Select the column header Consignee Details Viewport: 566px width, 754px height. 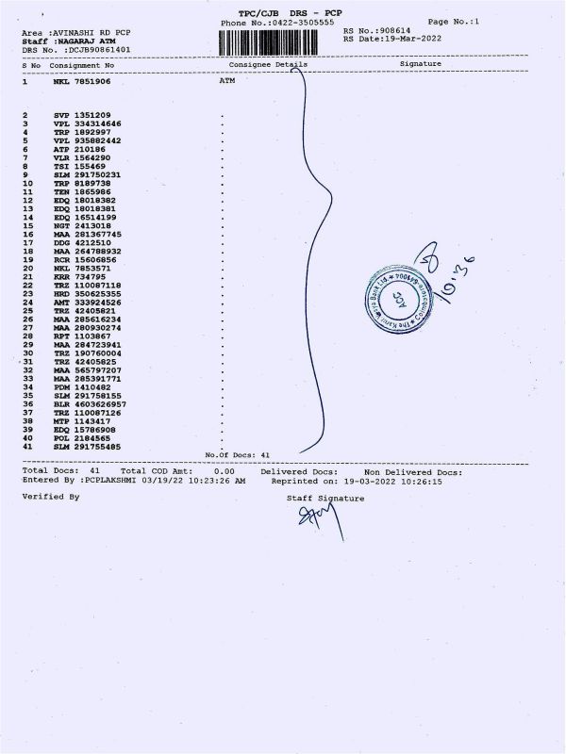[268, 64]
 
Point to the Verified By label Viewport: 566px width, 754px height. [51, 495]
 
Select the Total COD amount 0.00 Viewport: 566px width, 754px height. [224, 471]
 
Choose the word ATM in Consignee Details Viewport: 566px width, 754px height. [226, 82]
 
